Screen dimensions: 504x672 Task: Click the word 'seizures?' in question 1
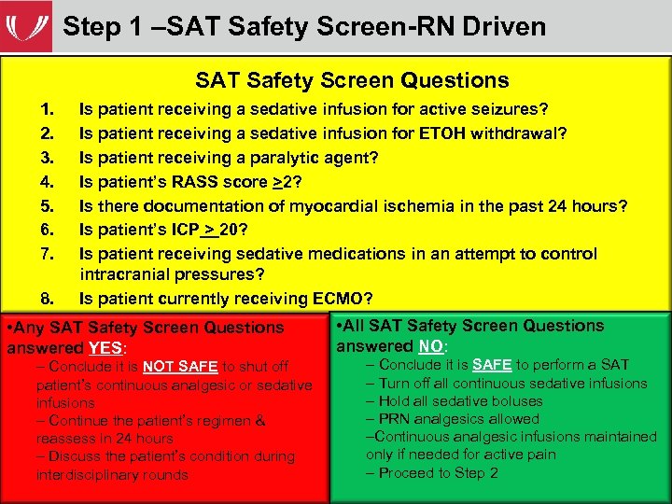point(512,110)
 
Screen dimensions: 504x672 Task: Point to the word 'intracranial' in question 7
point(126,274)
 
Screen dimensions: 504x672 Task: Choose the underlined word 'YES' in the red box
point(105,348)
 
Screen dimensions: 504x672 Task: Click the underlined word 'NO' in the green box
point(430,346)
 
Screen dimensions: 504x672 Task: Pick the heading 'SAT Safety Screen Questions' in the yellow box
point(352,81)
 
